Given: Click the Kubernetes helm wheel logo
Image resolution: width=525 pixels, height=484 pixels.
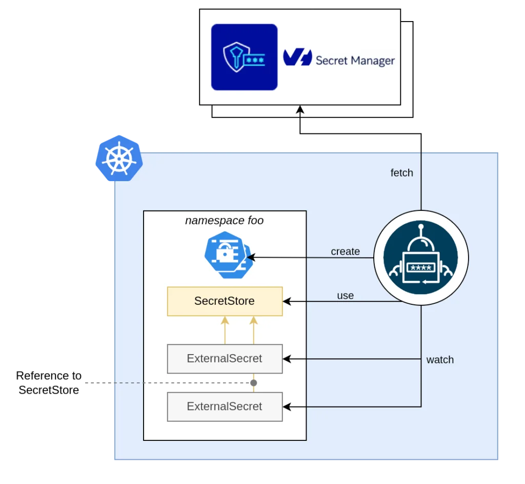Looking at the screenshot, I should tap(118, 160).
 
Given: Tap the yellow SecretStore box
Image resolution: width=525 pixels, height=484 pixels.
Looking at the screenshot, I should tap(225, 301).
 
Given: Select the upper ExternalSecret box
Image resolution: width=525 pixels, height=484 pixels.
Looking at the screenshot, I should tap(225, 359).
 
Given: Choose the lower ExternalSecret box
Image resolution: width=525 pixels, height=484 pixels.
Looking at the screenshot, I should tap(225, 406).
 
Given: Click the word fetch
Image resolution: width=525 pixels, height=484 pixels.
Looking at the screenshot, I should tap(401, 173).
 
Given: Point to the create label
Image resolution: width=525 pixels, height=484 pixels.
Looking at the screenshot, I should tap(345, 251).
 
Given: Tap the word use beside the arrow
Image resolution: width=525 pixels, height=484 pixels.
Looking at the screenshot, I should tap(345, 296).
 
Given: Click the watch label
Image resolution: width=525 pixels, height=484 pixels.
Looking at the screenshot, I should tap(440, 360).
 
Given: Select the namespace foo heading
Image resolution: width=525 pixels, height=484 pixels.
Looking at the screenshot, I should tap(224, 221).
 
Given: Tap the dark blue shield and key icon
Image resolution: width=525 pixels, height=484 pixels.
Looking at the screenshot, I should tap(244, 57).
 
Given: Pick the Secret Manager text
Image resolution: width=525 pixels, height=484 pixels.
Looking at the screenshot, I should tap(355, 61).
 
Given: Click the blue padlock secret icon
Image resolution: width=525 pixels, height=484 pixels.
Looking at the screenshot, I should tap(226, 254).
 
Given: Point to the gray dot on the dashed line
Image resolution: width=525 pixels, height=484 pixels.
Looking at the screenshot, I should tap(253, 383).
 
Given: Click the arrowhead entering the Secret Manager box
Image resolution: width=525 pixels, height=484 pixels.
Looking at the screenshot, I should tap(300, 109).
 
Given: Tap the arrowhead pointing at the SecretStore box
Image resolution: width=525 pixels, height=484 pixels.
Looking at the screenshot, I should tap(287, 301).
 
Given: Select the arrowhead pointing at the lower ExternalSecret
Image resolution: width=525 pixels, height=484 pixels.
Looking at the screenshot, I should tap(287, 406).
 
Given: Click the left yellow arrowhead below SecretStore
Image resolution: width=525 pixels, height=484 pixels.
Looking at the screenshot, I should tap(224, 321).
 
